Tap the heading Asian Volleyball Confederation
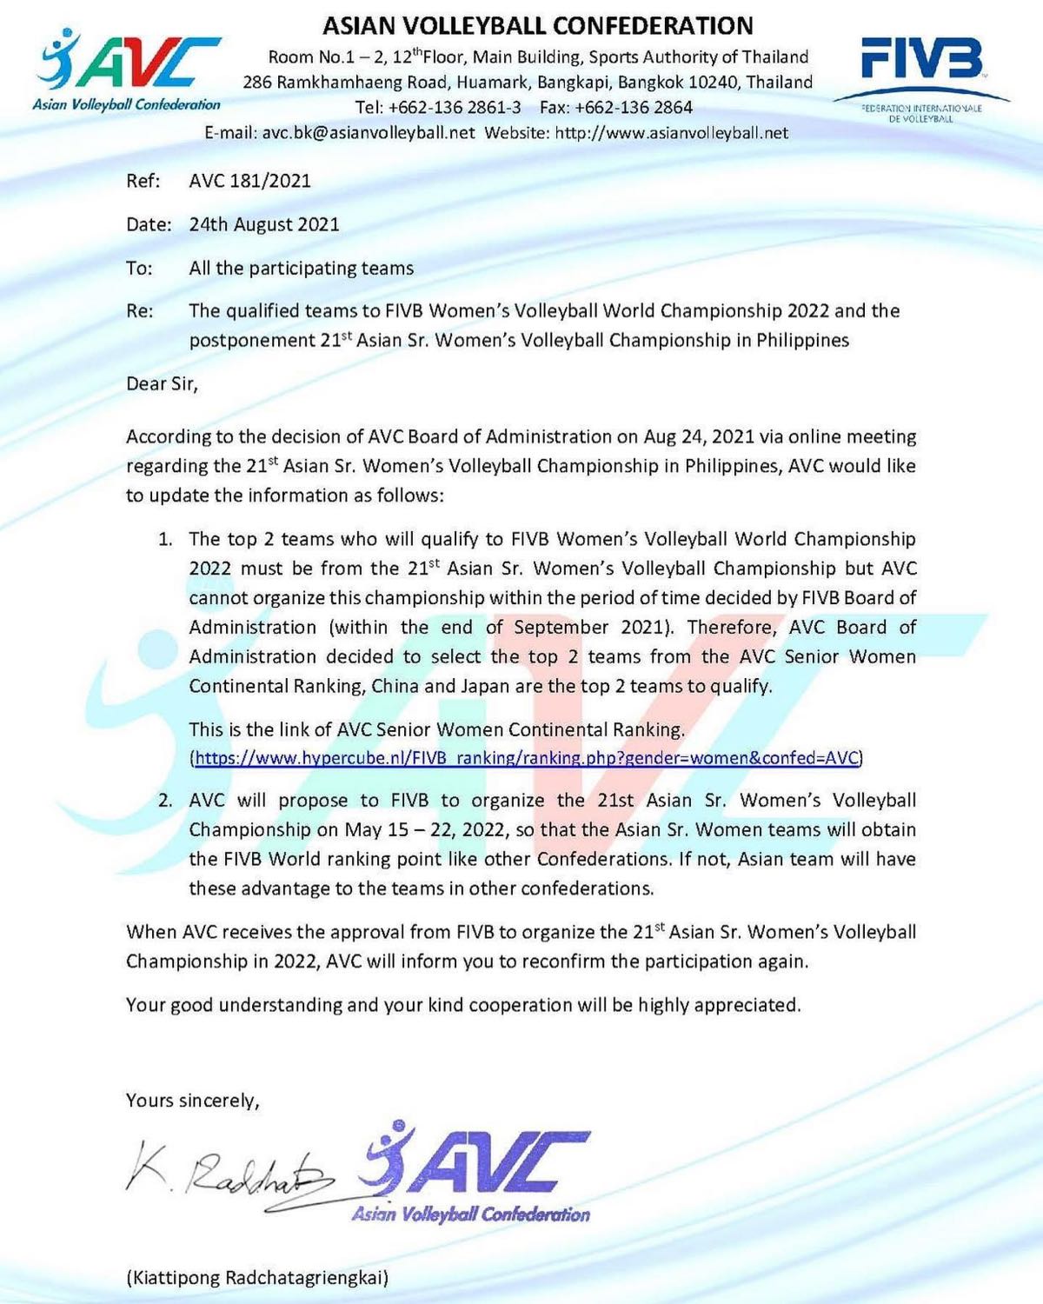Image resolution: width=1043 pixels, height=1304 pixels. pyautogui.click(x=538, y=25)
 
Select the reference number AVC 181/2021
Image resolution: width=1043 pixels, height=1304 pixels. pyautogui.click(x=249, y=181)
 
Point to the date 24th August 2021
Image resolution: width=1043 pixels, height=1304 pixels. pyautogui.click(x=264, y=224)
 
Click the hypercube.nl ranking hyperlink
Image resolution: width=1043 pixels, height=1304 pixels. pyautogui.click(x=527, y=758)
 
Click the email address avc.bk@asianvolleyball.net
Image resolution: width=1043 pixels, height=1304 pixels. pyautogui.click(x=369, y=133)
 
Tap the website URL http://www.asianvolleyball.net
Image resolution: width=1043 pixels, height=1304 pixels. pyautogui.click(x=671, y=133)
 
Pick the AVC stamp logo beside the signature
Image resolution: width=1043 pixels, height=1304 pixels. pyautogui.click(x=475, y=1172)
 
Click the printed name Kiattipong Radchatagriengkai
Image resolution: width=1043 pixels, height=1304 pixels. pyautogui.click(x=258, y=1277)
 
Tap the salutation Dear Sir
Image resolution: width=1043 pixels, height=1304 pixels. pyautogui.click(x=162, y=383)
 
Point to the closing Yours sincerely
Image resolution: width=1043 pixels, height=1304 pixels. pyautogui.click(x=193, y=1101)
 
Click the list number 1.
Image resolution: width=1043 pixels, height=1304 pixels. pyautogui.click(x=165, y=540)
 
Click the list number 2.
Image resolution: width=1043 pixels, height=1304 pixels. pyautogui.click(x=165, y=801)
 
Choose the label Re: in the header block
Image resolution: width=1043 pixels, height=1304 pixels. pyautogui.click(x=140, y=311)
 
